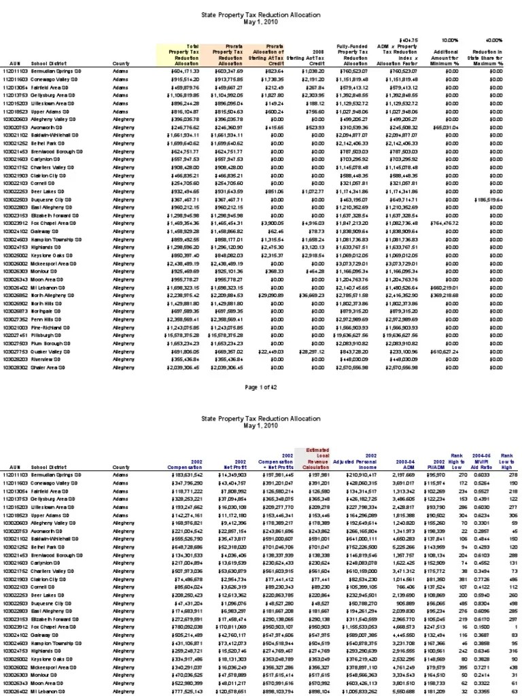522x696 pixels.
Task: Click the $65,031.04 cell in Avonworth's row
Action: [x=445, y=126]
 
